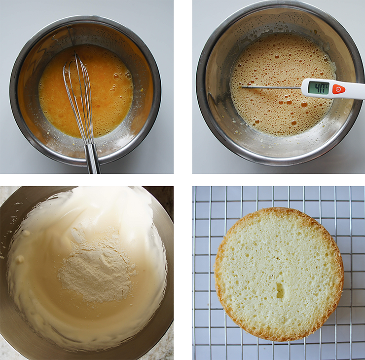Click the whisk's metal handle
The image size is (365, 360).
point(93,159)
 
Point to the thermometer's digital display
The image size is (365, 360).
point(319,87)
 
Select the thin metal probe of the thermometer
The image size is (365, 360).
point(271,87)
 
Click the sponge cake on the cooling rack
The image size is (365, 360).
point(279,274)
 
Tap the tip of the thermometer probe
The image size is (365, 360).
point(242,87)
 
